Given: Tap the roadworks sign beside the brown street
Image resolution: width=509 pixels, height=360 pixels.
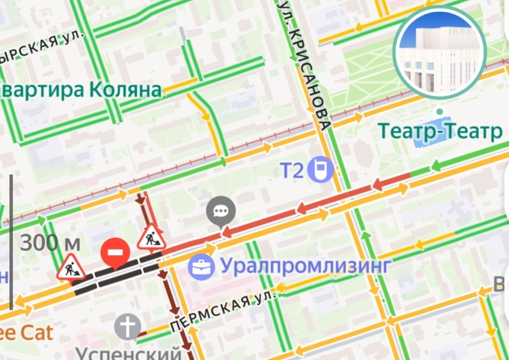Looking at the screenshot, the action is click(151, 237).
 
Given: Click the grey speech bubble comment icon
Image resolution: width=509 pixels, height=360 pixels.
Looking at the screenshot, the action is click(220, 210).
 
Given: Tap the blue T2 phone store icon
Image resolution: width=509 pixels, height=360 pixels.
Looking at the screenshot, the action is click(323, 169).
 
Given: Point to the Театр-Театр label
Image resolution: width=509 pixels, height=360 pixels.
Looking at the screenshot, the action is click(440, 132).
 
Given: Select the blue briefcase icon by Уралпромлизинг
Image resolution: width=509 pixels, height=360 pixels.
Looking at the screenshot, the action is click(201, 265).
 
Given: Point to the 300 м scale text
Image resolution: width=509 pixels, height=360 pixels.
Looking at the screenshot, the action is click(50, 244).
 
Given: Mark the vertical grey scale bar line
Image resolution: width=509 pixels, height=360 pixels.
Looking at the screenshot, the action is click(11, 243).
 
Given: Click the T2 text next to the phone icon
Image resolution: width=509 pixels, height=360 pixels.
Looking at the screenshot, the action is click(293, 169).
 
